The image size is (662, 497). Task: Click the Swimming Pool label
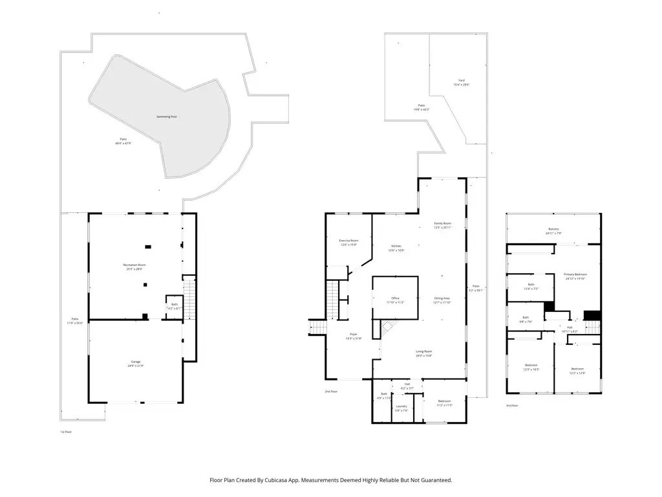(x=166, y=116)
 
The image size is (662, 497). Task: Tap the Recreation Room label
(x=134, y=265)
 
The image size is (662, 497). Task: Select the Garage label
(x=135, y=362)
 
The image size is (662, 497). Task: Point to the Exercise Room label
(x=348, y=240)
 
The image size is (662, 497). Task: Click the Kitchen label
(x=396, y=246)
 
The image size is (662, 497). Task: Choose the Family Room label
(x=442, y=224)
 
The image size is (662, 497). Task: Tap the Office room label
(x=395, y=298)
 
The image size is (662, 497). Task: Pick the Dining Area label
(x=442, y=298)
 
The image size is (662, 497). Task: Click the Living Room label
(x=423, y=351)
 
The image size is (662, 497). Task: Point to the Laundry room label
(x=401, y=406)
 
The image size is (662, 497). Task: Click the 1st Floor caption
(x=65, y=431)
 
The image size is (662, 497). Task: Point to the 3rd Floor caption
(x=512, y=406)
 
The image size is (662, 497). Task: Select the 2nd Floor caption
(x=331, y=392)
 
